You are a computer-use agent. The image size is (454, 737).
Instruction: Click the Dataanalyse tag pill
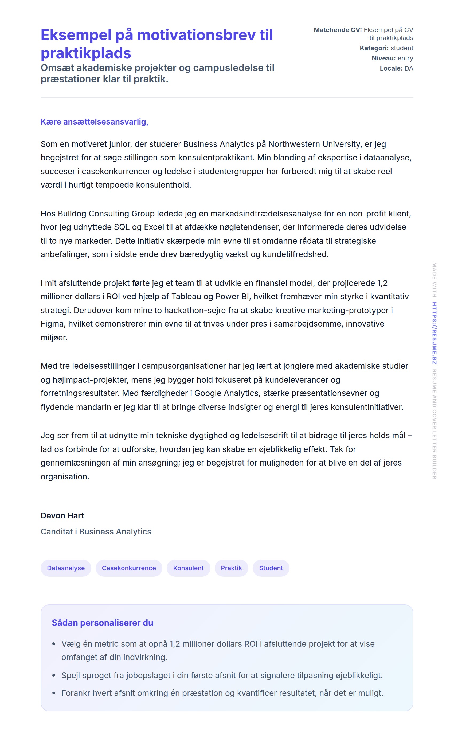(66, 568)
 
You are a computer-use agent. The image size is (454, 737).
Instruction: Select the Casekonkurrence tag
(129, 568)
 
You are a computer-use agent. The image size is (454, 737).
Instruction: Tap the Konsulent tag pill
(188, 568)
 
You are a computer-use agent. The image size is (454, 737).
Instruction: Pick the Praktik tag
(231, 568)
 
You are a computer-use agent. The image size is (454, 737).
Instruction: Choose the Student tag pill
(271, 568)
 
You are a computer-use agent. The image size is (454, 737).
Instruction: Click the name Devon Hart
(62, 515)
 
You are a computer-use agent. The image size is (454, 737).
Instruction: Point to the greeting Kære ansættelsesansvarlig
(94, 122)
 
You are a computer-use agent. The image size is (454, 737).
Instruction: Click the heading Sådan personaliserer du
(102, 623)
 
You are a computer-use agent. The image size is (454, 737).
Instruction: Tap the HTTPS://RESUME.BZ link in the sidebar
(434, 333)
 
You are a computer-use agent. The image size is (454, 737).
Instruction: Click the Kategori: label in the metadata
(374, 48)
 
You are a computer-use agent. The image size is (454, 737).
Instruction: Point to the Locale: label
(391, 68)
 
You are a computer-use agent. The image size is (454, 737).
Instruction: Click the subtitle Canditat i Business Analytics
(96, 532)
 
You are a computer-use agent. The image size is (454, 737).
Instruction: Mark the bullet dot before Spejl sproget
(54, 676)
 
